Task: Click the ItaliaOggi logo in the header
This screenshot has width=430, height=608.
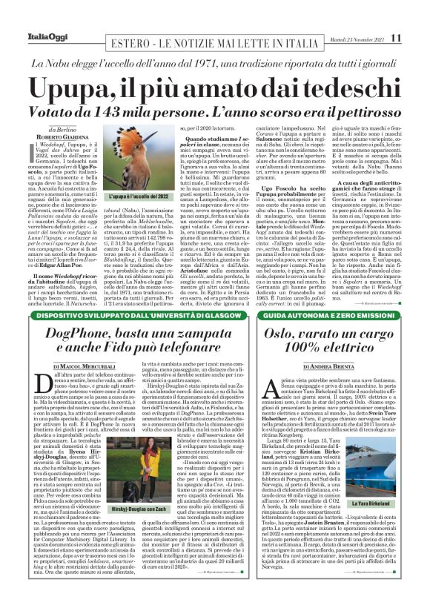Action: click(x=30, y=16)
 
